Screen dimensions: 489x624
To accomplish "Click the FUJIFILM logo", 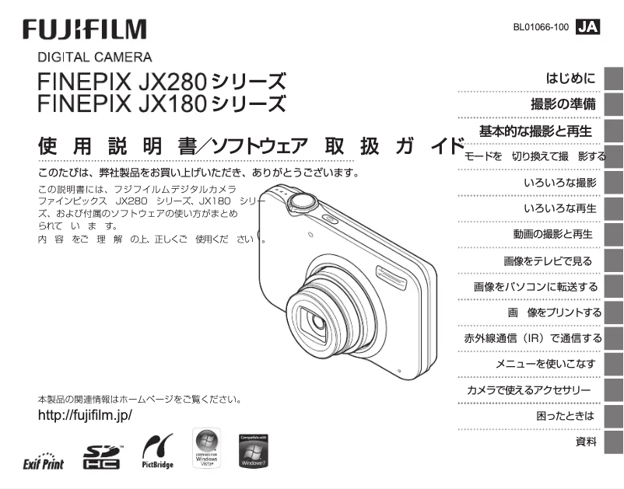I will point(85,30).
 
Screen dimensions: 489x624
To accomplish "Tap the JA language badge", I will point(588,27).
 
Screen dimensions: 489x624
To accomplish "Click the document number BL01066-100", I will point(541,27).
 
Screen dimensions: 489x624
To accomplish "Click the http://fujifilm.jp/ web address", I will point(85,414).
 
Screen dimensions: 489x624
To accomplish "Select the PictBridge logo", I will point(152,454).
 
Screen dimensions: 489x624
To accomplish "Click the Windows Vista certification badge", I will point(205,449).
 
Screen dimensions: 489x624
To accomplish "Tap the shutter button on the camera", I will point(302,203).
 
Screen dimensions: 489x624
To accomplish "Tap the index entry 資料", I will point(586,442).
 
